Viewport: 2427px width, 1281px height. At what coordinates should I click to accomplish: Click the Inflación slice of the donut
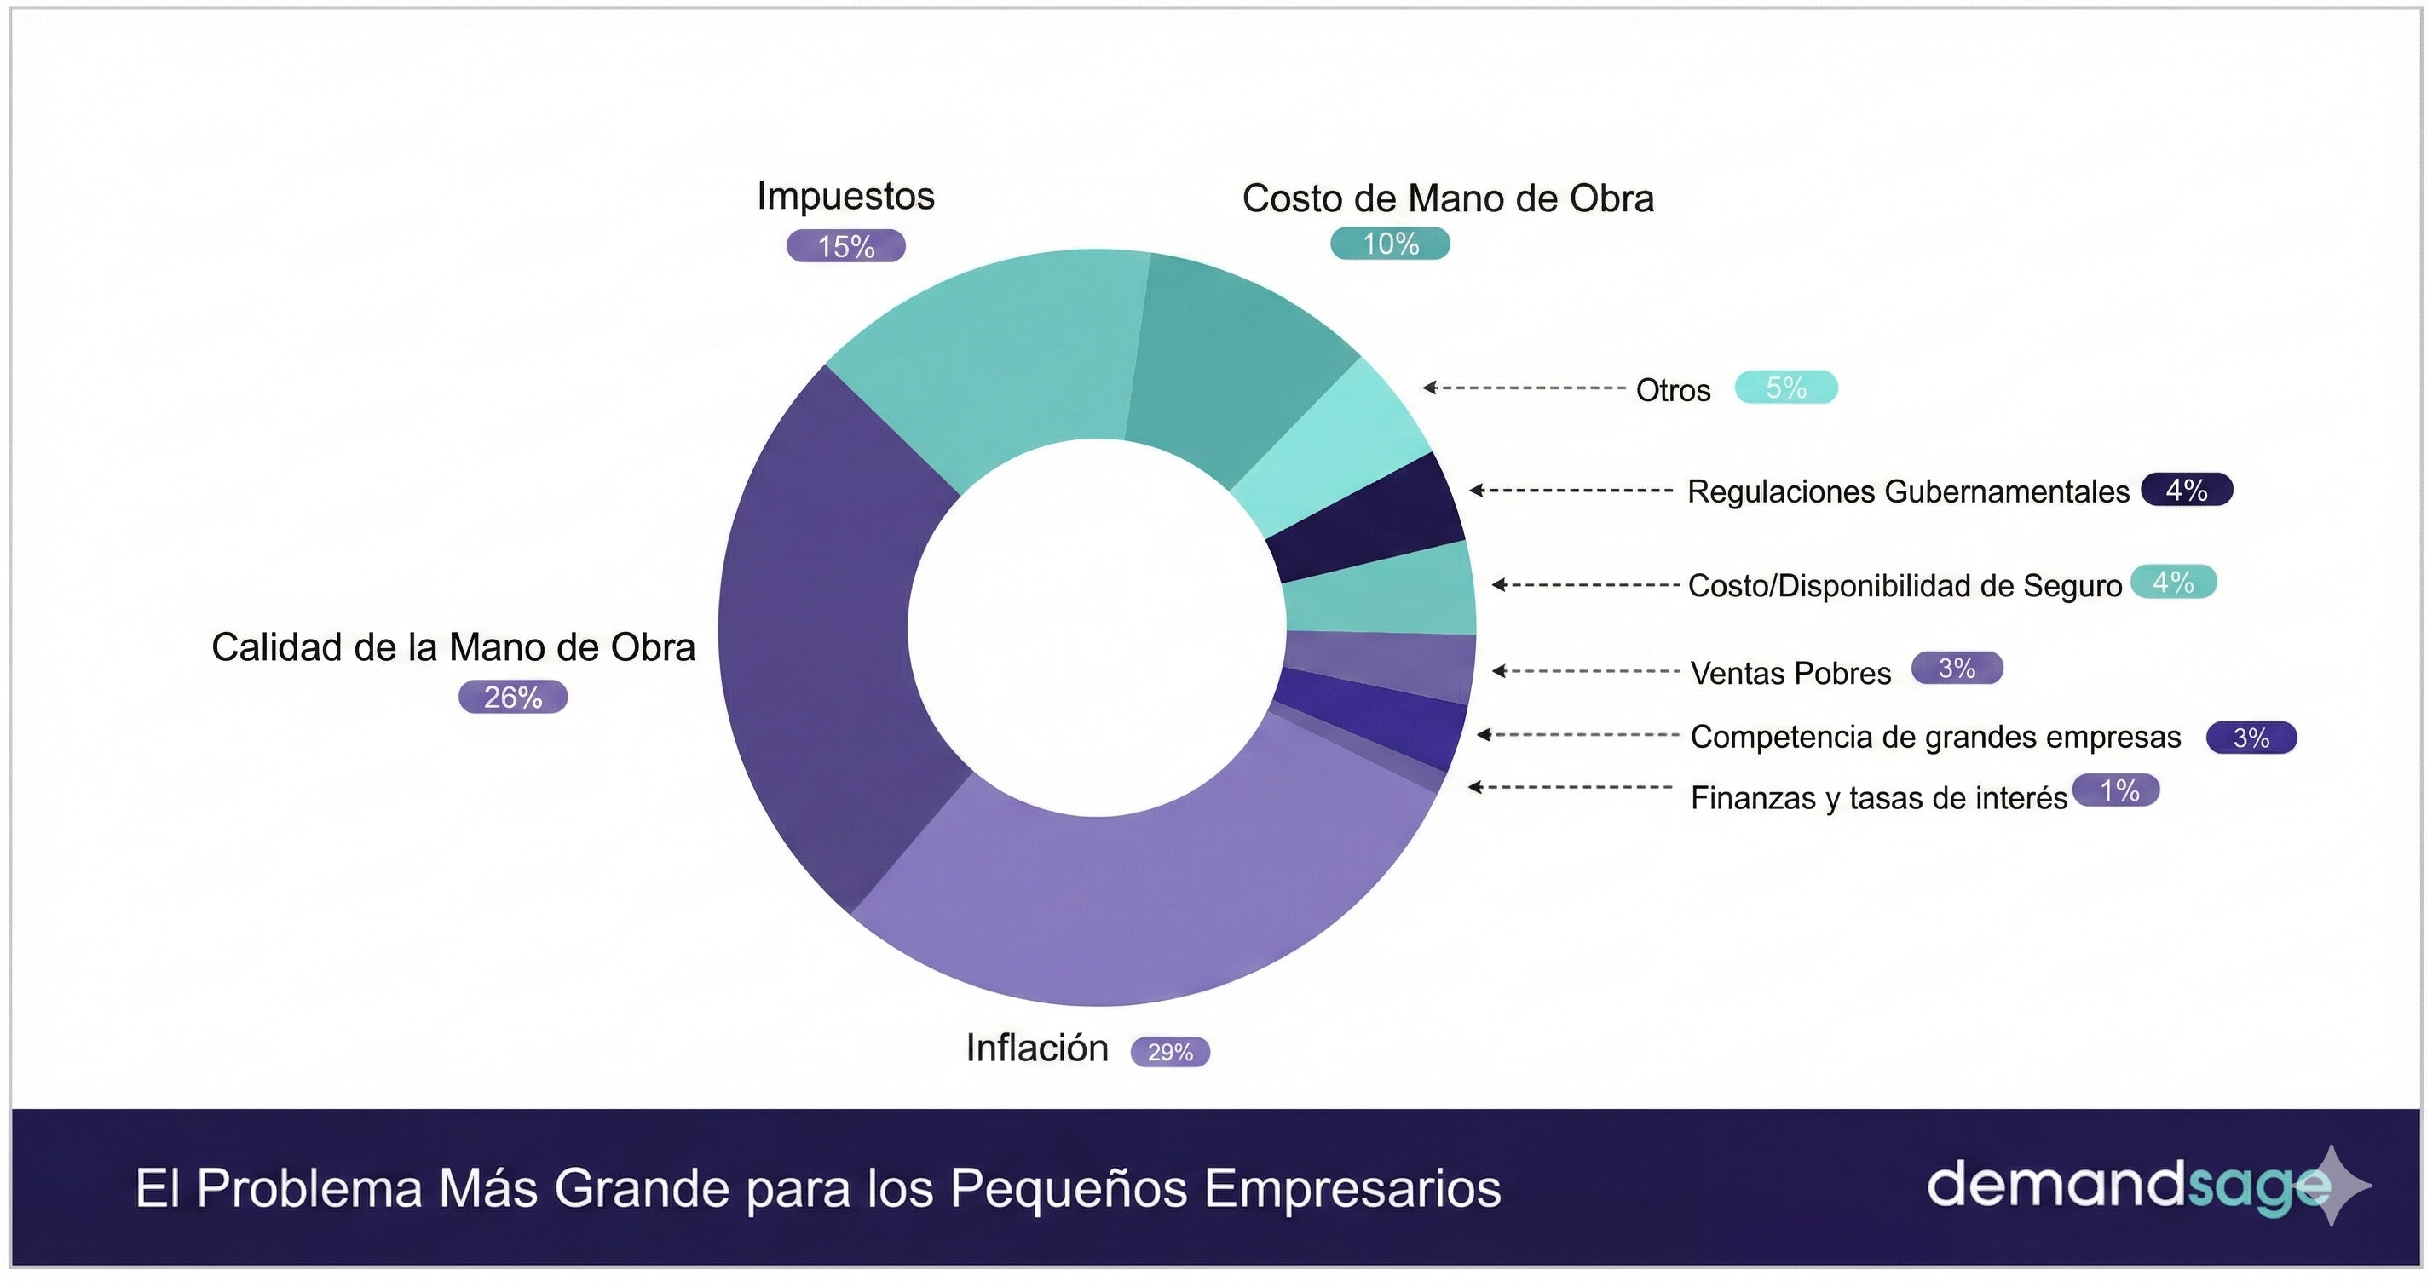1131,905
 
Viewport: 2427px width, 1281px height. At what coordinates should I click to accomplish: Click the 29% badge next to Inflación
1170,1051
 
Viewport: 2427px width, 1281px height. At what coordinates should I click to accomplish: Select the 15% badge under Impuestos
846,247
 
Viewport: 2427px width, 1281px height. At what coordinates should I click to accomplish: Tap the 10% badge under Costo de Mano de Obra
1390,244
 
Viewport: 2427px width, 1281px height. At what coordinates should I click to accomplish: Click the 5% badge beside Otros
1785,388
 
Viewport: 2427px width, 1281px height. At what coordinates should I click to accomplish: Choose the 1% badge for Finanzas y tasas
2117,790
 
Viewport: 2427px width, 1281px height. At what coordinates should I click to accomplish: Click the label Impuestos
846,196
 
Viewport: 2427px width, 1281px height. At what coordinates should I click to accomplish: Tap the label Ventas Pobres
1790,674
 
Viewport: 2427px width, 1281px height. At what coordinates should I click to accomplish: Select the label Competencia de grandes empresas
1935,737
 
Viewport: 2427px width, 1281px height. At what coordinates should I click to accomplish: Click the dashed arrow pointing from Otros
1524,388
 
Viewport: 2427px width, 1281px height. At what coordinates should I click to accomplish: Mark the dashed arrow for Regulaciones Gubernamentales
1571,490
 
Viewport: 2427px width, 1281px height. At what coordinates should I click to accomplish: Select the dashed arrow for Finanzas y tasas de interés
1570,786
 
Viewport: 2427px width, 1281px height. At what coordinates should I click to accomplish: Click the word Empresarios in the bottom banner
1352,1189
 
